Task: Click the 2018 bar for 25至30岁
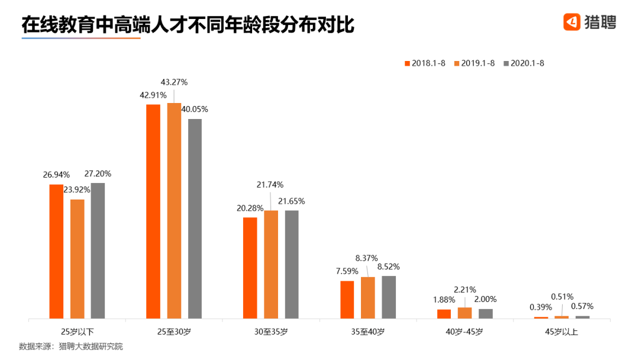153,211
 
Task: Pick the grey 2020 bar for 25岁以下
98,250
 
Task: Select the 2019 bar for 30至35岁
271,264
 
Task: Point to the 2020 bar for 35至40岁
389,297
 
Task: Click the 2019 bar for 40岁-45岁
465,313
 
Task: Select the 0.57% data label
583,306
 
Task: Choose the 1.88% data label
444,300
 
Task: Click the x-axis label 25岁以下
78,332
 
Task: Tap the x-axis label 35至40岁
368,332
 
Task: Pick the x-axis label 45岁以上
562,332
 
